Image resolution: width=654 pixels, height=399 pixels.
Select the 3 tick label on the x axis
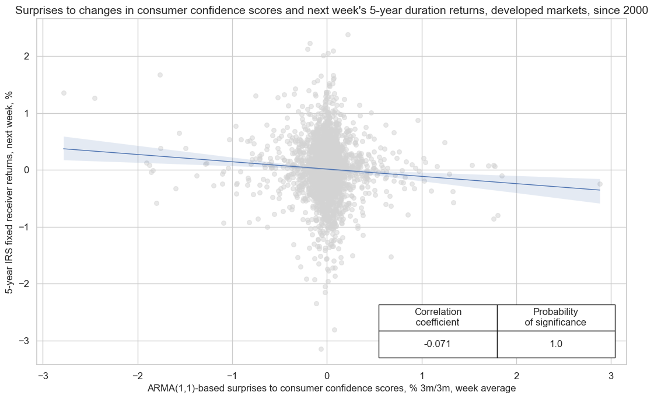[x=611, y=376]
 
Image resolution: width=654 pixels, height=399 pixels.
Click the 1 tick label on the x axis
[x=421, y=376]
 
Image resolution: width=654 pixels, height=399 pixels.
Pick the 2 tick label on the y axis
[x=27, y=56]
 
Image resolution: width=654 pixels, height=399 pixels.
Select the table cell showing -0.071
[x=438, y=344]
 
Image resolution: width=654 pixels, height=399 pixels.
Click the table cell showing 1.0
[x=556, y=344]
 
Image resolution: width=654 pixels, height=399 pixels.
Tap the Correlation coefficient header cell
[x=438, y=317]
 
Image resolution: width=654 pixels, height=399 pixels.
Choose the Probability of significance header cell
[x=556, y=317]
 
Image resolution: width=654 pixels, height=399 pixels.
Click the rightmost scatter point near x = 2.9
[x=600, y=184]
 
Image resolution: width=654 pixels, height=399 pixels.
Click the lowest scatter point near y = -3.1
[x=321, y=349]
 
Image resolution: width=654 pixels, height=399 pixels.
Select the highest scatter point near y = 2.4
[x=348, y=34]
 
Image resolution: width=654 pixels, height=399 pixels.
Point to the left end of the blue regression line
[x=64, y=149]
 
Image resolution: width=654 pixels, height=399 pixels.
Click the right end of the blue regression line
[x=600, y=190]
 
